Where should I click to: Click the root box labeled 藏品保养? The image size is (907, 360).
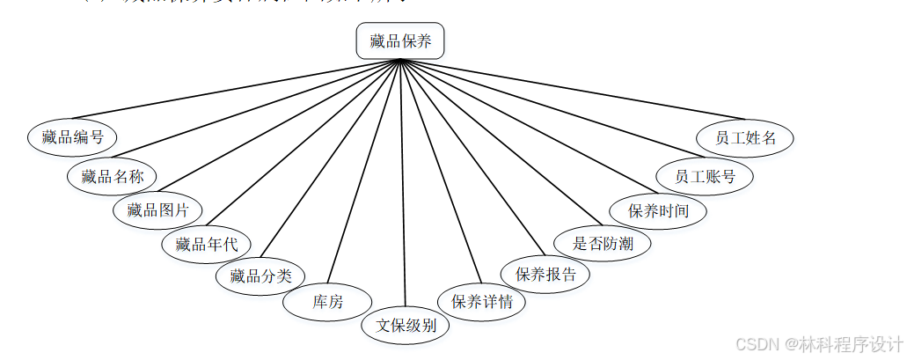coord(400,40)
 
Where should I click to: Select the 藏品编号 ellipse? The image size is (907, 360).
coord(72,136)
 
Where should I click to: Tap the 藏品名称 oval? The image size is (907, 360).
coord(112,175)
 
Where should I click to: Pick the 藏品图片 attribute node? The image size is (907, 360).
coord(157,209)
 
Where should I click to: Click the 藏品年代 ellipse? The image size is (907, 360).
coord(206,244)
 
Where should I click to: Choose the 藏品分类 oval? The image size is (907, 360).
coord(260,276)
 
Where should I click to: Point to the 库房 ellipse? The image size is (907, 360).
coord(327,302)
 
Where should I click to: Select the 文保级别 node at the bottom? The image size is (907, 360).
coord(406,325)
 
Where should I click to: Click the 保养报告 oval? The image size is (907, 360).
coord(545,274)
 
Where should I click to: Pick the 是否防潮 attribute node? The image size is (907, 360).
coord(603,243)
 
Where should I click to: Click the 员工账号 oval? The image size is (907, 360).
coord(705,175)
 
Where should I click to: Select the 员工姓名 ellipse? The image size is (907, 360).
coord(745,137)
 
